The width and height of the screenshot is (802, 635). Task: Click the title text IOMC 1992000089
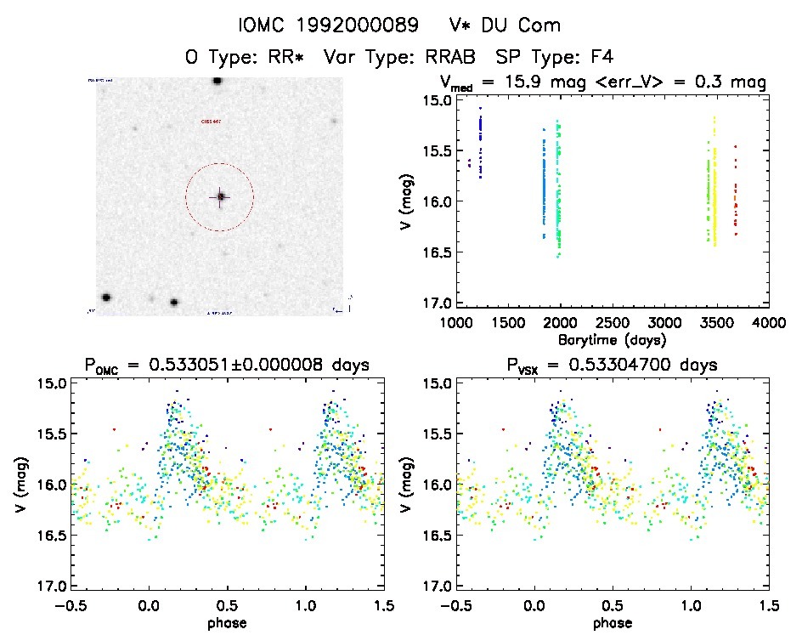click(x=316, y=26)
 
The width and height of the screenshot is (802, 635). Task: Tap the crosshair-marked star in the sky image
click(x=220, y=197)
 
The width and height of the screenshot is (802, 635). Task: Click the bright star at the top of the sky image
click(x=217, y=81)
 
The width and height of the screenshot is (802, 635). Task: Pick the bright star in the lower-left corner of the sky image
click(x=106, y=298)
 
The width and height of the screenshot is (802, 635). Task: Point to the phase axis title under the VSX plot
click(x=612, y=622)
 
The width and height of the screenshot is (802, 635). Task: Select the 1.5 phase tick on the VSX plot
click(x=768, y=605)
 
